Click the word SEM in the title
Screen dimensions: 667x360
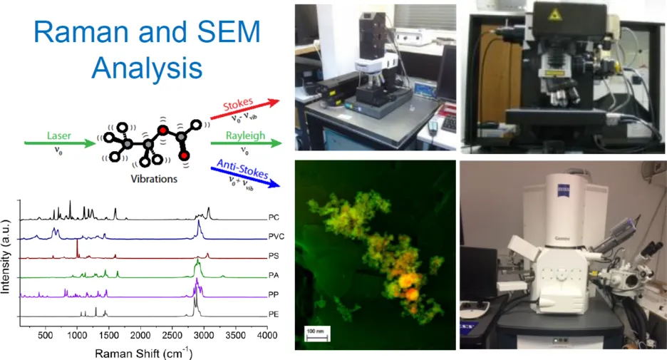click(224, 32)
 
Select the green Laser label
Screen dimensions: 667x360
click(58, 135)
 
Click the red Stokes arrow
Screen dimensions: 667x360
click(245, 109)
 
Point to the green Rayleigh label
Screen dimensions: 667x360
click(245, 135)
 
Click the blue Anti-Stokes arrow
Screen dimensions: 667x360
click(245, 177)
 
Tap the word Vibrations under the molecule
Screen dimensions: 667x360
click(154, 179)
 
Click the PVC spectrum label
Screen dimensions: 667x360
click(276, 237)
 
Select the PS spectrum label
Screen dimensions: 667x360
click(274, 256)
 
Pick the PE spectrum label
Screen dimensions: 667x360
click(274, 314)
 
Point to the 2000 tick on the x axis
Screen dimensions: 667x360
click(140, 336)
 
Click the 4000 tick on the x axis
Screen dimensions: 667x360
click(267, 336)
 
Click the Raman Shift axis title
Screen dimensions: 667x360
click(144, 353)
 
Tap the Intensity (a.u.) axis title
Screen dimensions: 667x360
click(6, 257)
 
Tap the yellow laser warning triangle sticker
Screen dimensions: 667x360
click(554, 15)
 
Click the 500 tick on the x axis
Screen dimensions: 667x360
click(46, 336)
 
